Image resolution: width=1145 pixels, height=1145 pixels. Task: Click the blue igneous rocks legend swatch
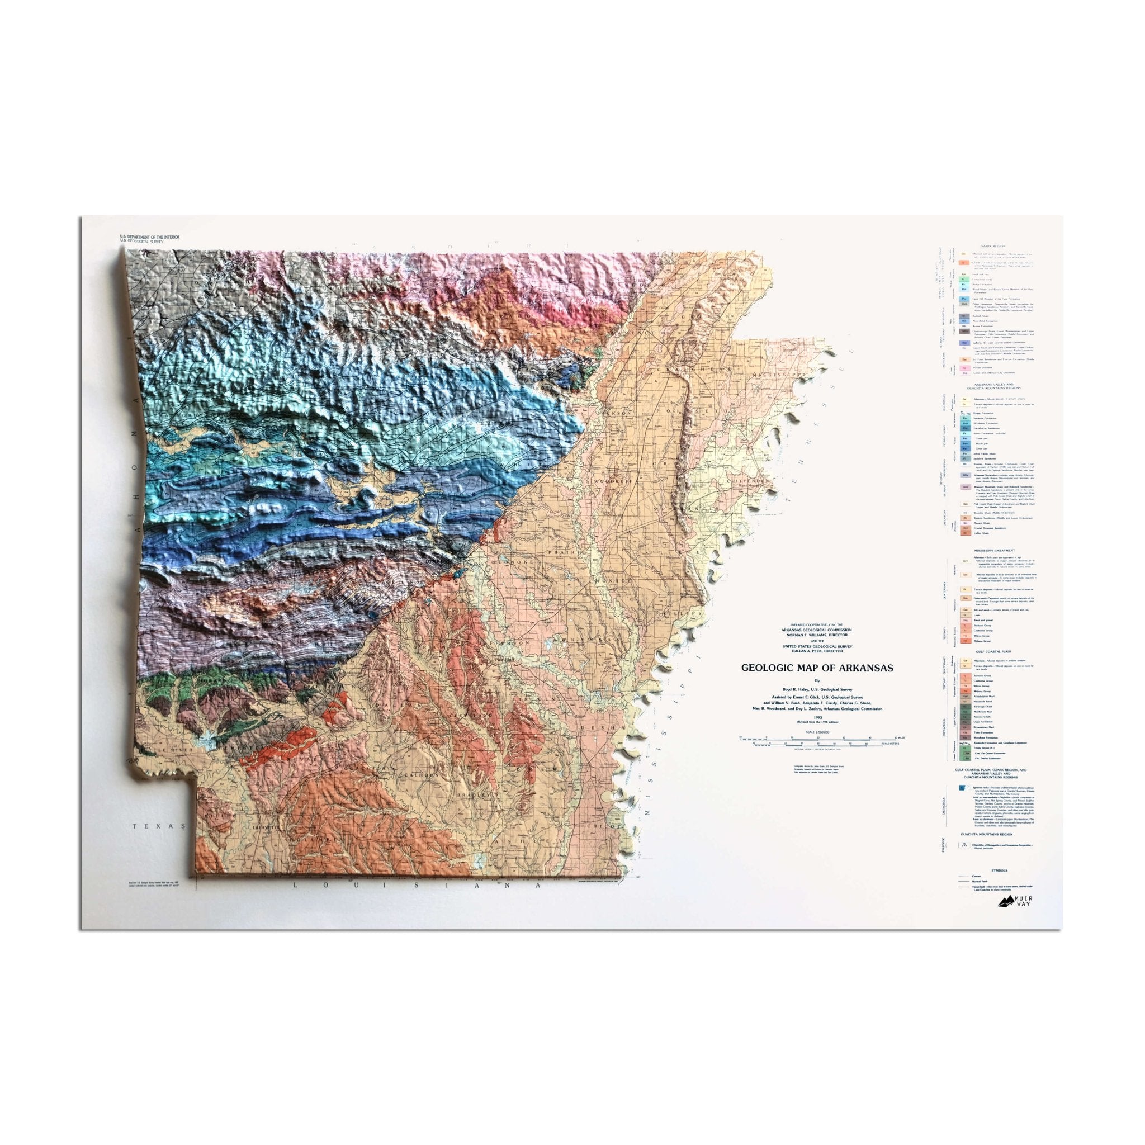964,789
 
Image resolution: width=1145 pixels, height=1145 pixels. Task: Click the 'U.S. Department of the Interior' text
149,237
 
